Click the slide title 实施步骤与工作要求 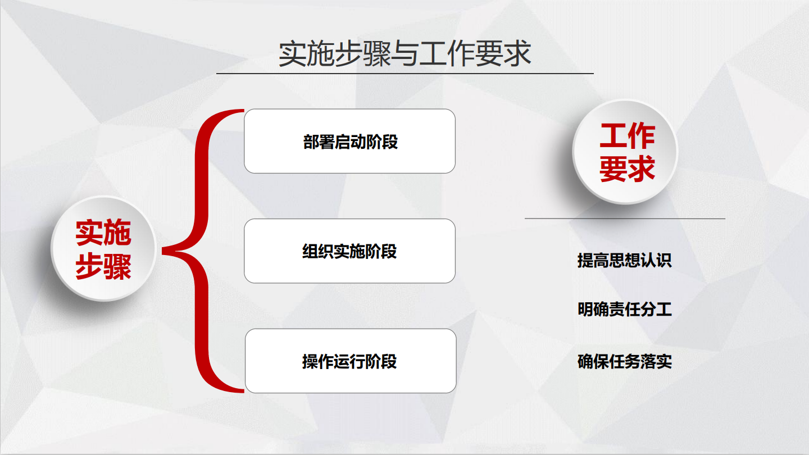[405, 53]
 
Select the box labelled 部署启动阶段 [349, 141]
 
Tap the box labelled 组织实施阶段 [349, 251]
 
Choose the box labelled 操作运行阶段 [351, 361]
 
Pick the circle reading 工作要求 [625, 152]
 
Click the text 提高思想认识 [625, 261]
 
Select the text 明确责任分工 [625, 310]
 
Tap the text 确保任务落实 [625, 362]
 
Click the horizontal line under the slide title [405, 73]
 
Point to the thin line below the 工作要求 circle [625, 219]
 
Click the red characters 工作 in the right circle [628, 136]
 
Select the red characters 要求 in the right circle [628, 169]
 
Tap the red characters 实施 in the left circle [103, 233]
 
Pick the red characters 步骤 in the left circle [103, 266]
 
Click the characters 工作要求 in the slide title [475, 53]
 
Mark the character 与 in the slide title [405, 53]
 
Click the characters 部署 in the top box [319, 142]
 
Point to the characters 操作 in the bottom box [318, 362]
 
